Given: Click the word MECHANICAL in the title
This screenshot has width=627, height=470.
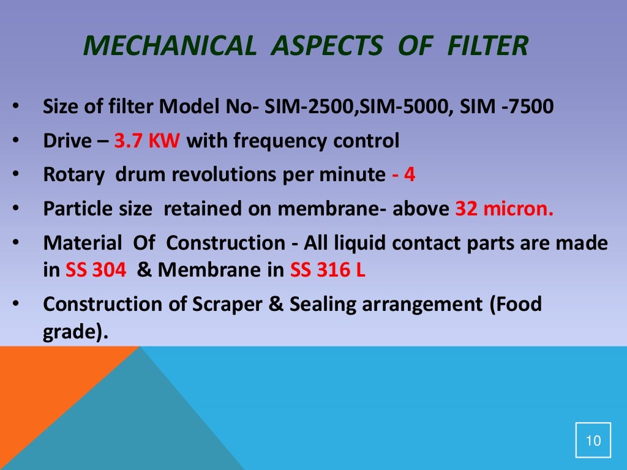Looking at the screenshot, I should click(170, 46).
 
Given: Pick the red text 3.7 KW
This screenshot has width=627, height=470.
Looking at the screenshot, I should click(147, 141).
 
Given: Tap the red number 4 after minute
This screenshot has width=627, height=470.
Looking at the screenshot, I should click(410, 175).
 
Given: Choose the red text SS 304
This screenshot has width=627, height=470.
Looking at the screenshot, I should click(96, 270).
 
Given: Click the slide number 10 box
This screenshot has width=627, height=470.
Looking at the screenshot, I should click(593, 439).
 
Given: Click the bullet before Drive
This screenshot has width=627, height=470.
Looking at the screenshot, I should click(15, 141).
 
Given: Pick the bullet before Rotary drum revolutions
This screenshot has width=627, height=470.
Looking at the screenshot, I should click(15, 175).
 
